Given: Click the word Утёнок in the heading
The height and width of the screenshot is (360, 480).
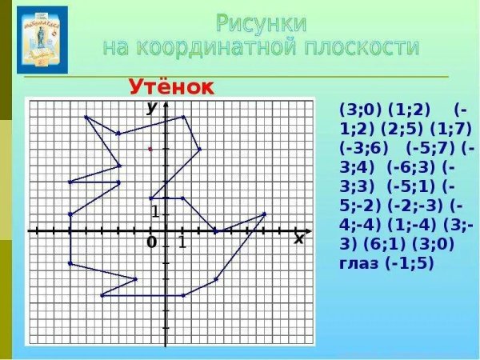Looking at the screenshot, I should click(x=172, y=88).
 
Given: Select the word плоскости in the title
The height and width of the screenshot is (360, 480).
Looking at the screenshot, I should click(x=355, y=47).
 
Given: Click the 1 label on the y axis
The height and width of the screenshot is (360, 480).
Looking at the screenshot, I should click(x=156, y=213).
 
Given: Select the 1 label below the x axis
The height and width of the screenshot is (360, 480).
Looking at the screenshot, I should click(x=182, y=242).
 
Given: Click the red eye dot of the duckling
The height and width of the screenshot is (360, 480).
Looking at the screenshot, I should click(x=150, y=149).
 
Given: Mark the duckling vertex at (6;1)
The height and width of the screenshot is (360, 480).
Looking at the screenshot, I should click(x=265, y=214).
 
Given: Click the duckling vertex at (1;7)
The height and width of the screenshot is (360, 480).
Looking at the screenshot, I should click(x=183, y=117).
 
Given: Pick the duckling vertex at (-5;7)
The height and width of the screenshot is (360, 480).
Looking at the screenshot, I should click(x=86, y=117).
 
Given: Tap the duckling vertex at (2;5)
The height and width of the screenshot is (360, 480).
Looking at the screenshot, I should click(x=199, y=149).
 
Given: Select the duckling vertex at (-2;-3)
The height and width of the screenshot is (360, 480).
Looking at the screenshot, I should click(x=134, y=279).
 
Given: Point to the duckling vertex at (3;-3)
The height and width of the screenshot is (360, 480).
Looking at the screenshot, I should click(x=216, y=279).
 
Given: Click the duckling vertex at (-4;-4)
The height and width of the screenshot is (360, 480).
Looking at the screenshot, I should click(x=102, y=295).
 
